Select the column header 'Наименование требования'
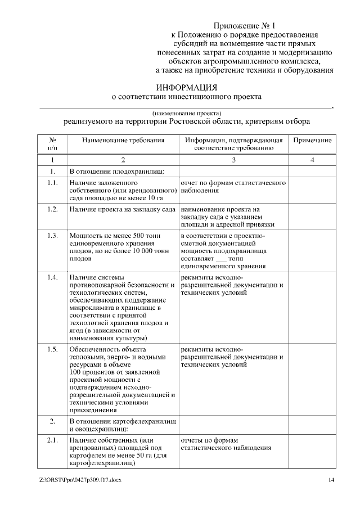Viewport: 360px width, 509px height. pyautogui.click(x=123, y=140)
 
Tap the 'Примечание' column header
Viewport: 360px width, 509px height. pyautogui.click(x=312, y=140)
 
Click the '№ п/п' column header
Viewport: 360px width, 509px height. pyautogui.click(x=52, y=144)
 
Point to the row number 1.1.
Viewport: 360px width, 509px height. pyautogui.click(x=52, y=183)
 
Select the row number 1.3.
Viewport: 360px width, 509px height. pyautogui.click(x=52, y=235)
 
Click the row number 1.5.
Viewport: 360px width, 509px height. pyautogui.click(x=52, y=350)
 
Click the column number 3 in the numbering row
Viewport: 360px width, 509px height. pyautogui.click(x=234, y=160)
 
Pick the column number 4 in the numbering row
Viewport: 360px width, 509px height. pyautogui.click(x=312, y=160)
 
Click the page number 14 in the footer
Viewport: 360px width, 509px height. pyautogui.click(x=331, y=479)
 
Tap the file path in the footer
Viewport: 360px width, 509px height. pyautogui.click(x=80, y=479)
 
